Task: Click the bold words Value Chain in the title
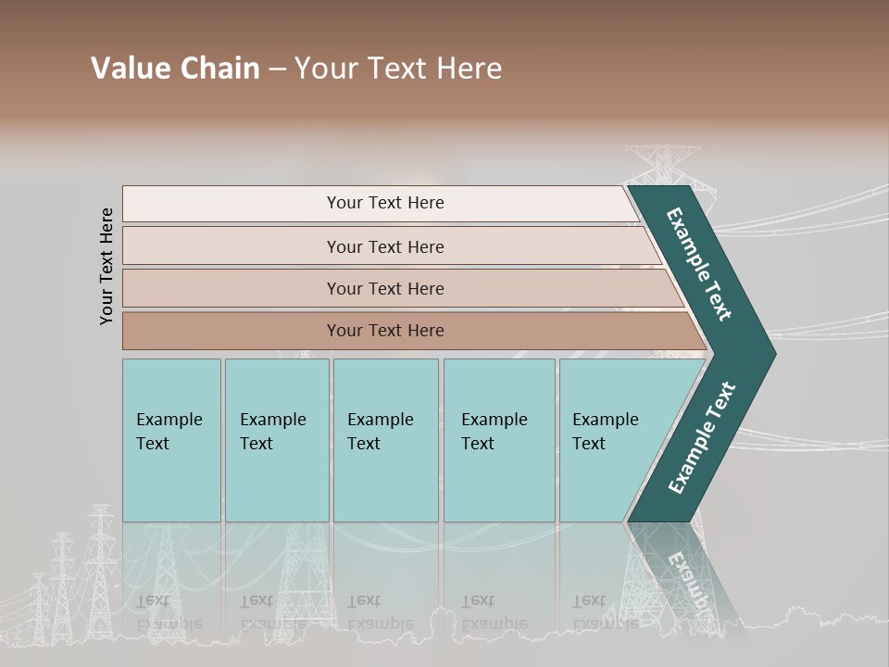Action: [x=175, y=69]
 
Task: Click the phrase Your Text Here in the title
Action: [x=398, y=69]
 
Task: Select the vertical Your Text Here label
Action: [x=106, y=266]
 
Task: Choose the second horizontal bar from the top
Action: [x=385, y=246]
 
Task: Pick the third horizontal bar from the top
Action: [x=385, y=288]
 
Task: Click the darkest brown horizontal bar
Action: [x=385, y=331]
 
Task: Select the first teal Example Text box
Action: [x=171, y=440]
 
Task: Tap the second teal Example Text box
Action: [x=276, y=440]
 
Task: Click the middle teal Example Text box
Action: [x=385, y=440]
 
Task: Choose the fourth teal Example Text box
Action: [x=499, y=440]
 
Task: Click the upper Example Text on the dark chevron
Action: [x=699, y=264]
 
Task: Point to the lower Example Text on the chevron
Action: [x=702, y=437]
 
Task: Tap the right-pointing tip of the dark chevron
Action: [x=770, y=354]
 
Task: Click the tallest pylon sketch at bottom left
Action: [x=100, y=565]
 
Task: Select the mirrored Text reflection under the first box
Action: [x=154, y=601]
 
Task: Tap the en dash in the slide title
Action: [x=277, y=69]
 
